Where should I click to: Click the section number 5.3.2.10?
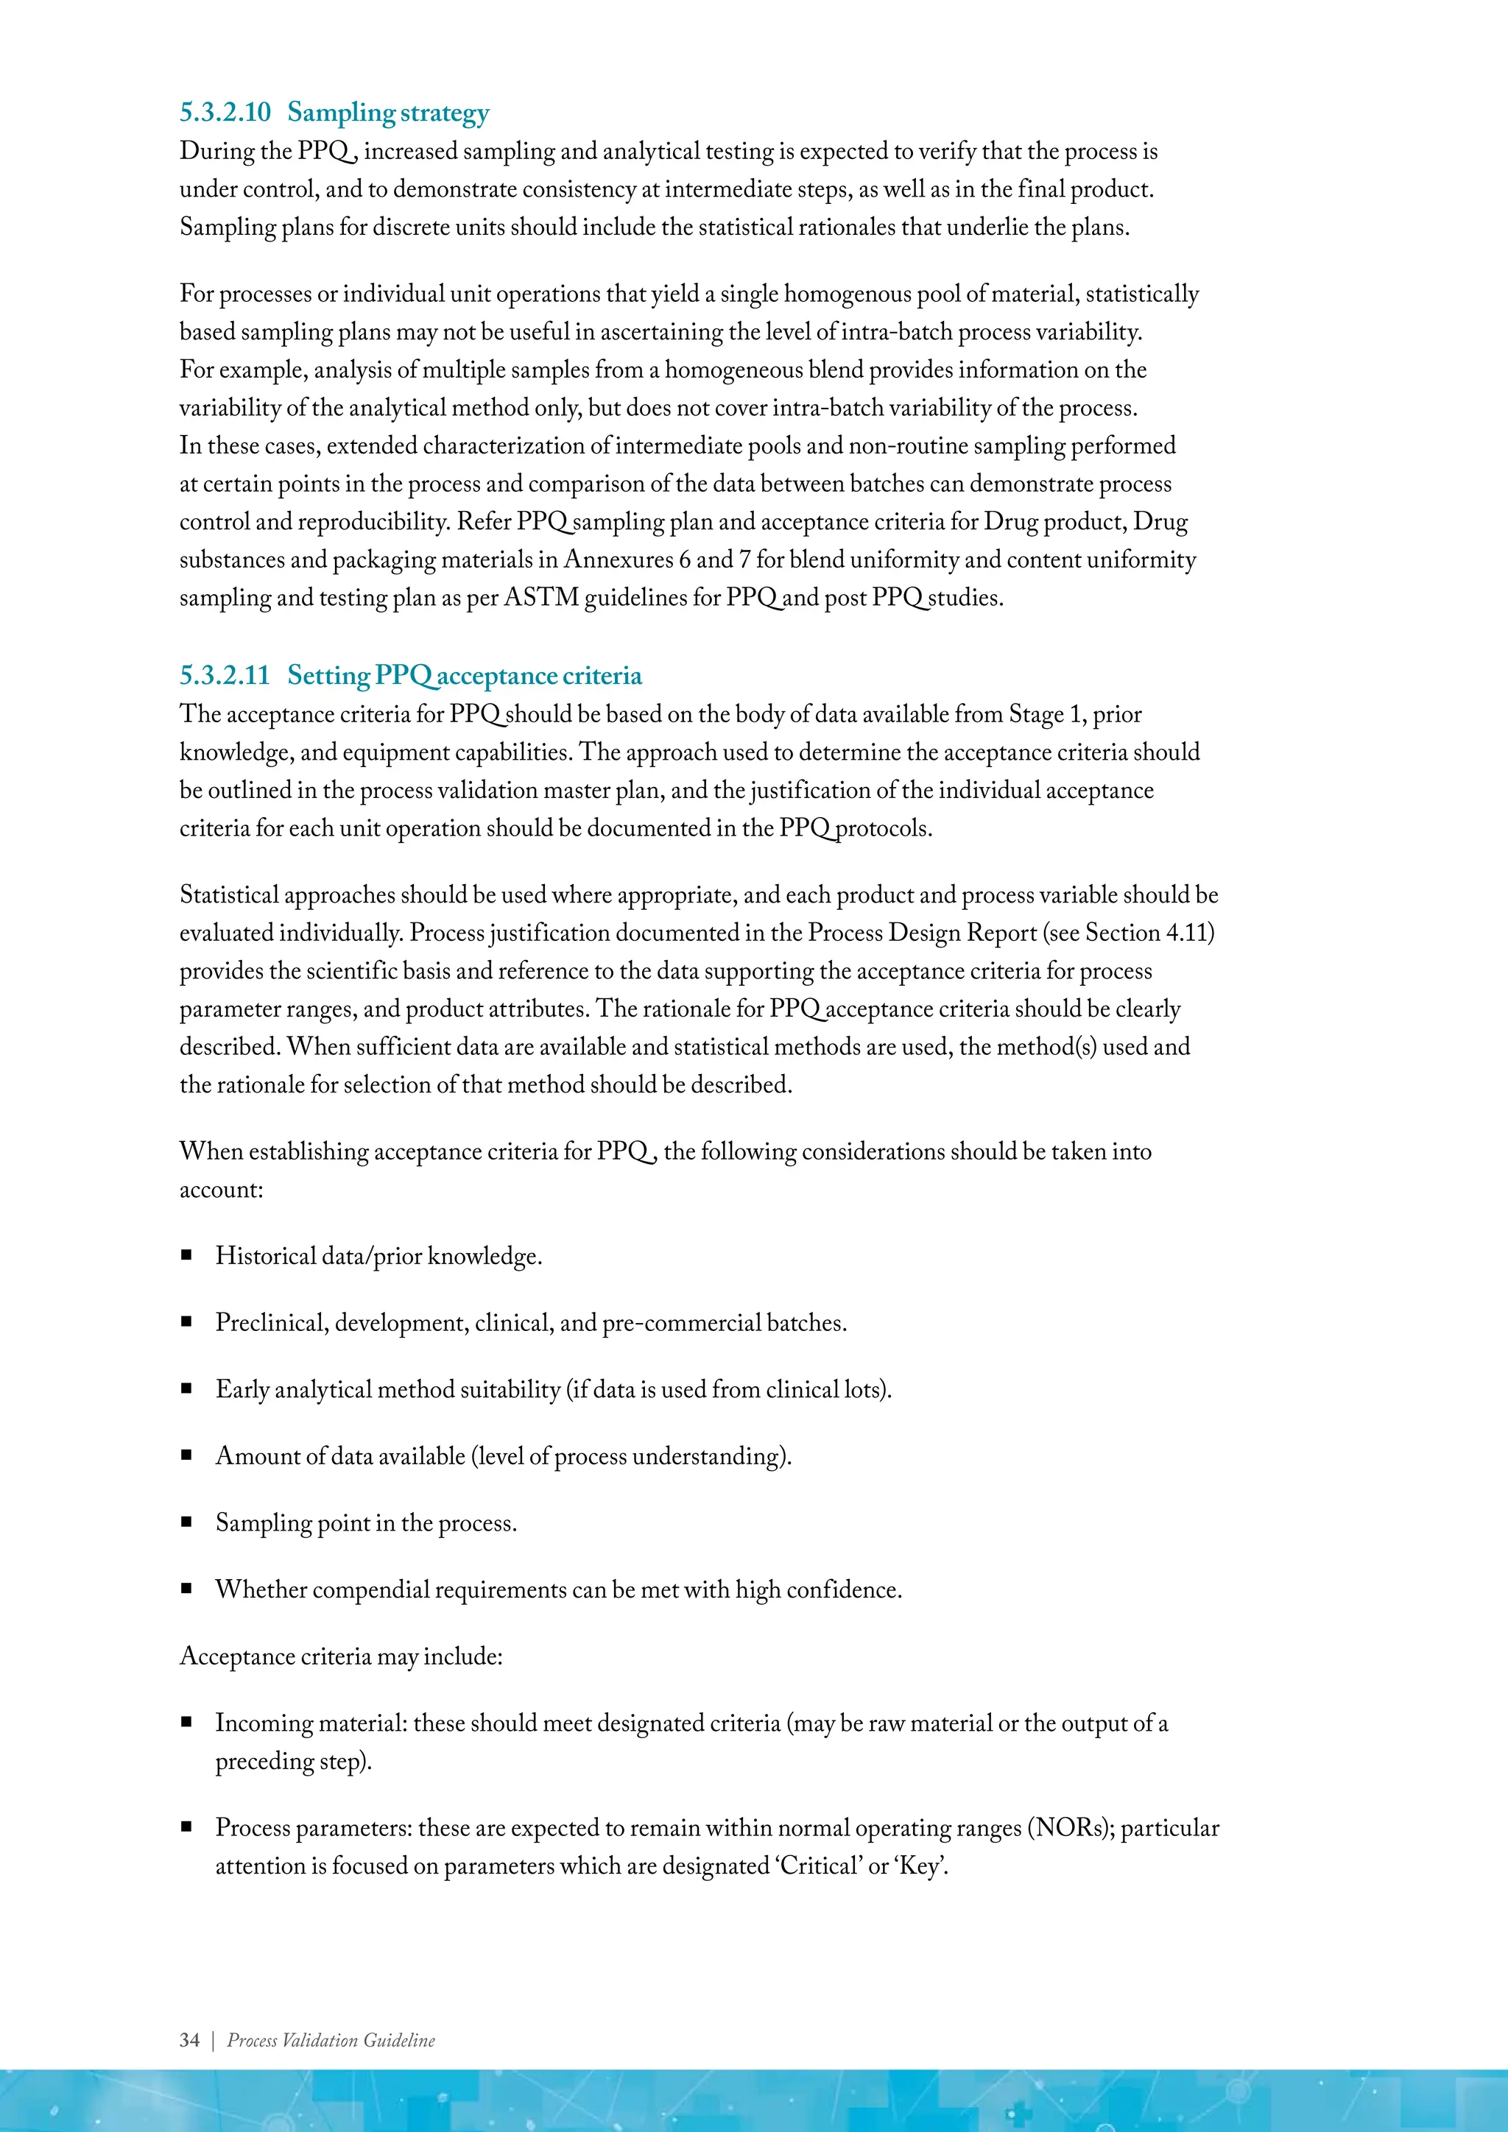[x=225, y=113]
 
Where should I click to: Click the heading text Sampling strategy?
[x=388, y=113]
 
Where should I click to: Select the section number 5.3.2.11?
[x=225, y=675]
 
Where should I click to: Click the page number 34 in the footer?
[x=189, y=2040]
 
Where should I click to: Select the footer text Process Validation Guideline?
[x=331, y=2040]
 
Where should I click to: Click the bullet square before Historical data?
[x=186, y=1255]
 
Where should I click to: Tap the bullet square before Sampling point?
[x=186, y=1522]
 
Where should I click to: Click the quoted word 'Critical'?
[x=818, y=1865]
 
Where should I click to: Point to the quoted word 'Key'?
[x=920, y=1865]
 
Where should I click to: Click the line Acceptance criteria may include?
[x=341, y=1656]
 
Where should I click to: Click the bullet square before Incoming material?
[x=186, y=1723]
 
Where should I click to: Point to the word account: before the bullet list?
[x=221, y=1190]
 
